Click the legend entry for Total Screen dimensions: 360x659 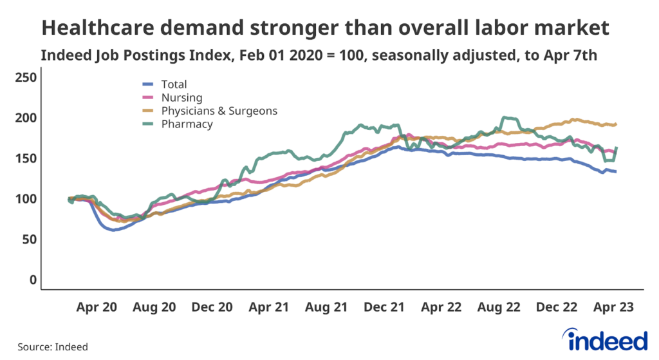pos(174,84)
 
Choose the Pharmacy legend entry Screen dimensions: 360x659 pos(187,124)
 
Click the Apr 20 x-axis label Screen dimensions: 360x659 pos(97,308)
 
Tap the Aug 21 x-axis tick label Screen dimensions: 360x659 pos(327,308)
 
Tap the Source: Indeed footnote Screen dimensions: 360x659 pos(53,347)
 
